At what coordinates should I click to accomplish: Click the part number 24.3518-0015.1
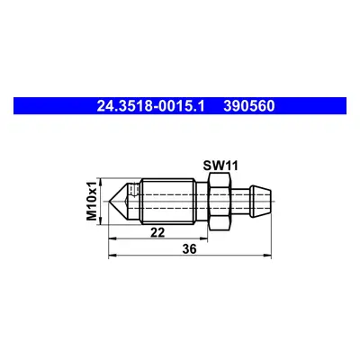coord(150,106)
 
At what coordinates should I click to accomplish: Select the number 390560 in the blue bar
coord(249,106)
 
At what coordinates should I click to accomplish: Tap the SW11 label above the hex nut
coord(220,166)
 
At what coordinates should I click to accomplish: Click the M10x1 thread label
coord(92,201)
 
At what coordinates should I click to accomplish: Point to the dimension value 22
coord(157,232)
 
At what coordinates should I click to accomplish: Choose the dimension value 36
coord(190,249)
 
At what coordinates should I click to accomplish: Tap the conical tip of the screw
coord(119,202)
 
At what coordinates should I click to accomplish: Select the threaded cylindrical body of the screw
coord(168,202)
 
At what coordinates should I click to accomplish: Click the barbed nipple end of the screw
coord(262,202)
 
